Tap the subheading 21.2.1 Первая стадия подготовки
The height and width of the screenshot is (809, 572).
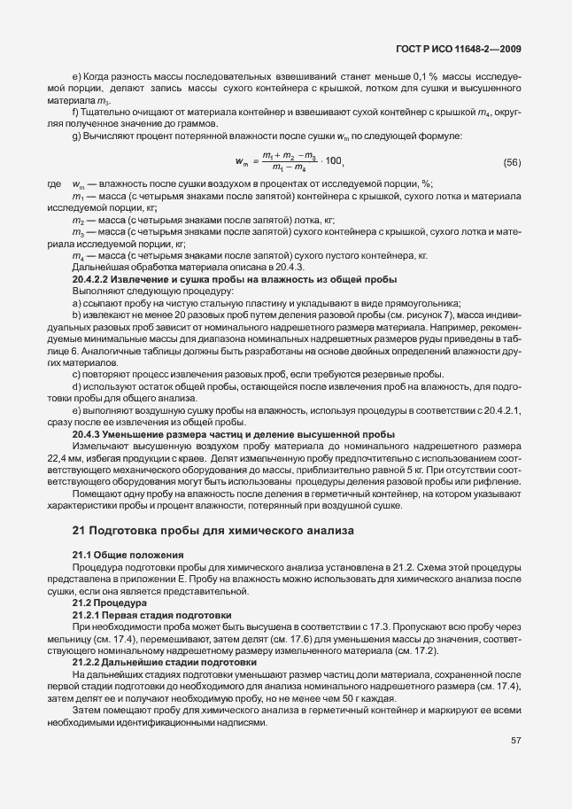click(151, 614)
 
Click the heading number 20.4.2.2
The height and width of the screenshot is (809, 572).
click(93, 278)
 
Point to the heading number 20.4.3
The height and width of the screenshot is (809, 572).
click(89, 435)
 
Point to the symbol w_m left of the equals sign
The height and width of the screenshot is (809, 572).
click(242, 162)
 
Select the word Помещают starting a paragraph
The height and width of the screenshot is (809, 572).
click(98, 494)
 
